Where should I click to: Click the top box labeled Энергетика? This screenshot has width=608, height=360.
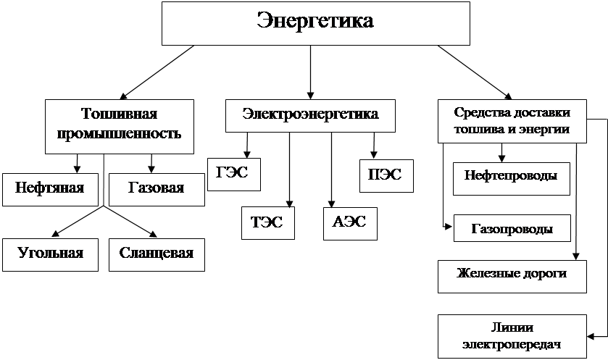coord(316,23)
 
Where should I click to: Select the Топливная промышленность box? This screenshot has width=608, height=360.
coord(120,127)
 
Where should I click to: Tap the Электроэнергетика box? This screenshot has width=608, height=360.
coord(310,115)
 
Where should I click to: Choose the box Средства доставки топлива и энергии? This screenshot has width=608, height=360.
coord(512,121)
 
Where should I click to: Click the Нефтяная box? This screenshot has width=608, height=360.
coord(51,190)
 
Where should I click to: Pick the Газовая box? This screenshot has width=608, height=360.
coord(157,190)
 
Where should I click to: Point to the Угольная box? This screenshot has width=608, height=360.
coord(51,254)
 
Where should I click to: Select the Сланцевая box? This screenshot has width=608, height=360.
coord(157,254)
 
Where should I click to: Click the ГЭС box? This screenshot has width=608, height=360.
coord(234,175)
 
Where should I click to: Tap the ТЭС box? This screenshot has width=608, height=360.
coord(268,223)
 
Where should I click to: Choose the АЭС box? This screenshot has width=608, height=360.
coord(350,224)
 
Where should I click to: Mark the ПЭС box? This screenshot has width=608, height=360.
coord(386,176)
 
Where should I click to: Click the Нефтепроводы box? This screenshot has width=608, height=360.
coord(512,179)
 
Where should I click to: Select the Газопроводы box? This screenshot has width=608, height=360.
coord(512,228)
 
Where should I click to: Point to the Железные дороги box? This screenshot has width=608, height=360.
coord(512,276)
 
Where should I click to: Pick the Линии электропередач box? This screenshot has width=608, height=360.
coord(512,336)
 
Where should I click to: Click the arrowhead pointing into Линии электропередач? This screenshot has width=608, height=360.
coord(591,336)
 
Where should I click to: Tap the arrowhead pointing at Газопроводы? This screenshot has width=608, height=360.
coord(449,227)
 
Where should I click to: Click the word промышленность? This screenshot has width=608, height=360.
coord(119,133)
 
